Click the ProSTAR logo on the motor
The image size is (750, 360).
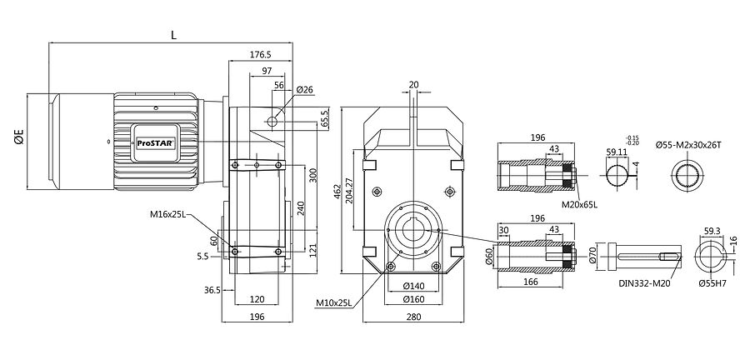(x=156, y=142)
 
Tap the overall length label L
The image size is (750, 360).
(x=173, y=35)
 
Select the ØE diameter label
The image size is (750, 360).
(x=18, y=137)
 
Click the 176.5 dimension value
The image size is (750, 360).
(x=261, y=54)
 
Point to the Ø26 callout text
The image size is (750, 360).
(x=305, y=89)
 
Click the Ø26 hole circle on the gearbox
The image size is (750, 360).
(x=272, y=122)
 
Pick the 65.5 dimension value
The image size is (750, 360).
(x=325, y=117)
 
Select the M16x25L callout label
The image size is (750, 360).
(x=167, y=215)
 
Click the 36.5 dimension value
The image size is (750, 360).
(x=212, y=290)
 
